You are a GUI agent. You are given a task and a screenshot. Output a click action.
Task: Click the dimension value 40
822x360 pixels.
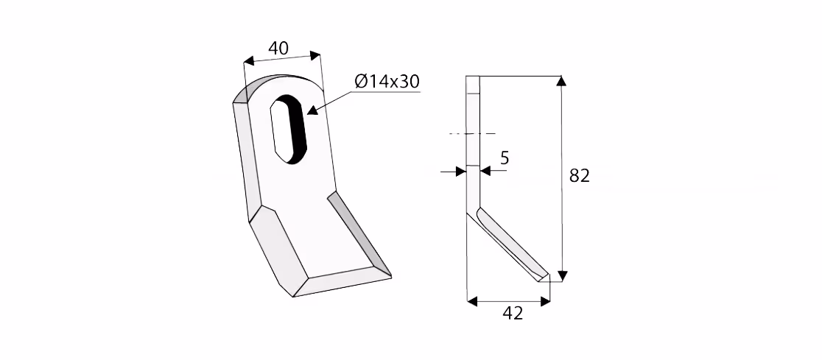tap(278, 48)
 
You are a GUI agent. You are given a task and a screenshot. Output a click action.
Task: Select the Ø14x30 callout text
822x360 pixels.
tap(387, 81)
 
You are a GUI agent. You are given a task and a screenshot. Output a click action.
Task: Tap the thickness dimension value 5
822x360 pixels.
tap(505, 158)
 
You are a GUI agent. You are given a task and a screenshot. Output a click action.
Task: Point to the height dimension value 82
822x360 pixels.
tap(579, 175)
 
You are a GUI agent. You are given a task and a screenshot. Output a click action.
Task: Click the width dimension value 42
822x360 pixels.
tap(513, 314)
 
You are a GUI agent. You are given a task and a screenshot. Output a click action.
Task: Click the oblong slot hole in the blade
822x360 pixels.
tap(287, 128)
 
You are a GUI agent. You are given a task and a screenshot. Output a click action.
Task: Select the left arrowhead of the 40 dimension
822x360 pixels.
tap(249, 61)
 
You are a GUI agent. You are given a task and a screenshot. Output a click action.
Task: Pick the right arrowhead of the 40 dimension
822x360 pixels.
tap(315, 55)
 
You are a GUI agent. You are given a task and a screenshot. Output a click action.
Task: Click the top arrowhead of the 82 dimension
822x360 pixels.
tap(561, 81)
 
